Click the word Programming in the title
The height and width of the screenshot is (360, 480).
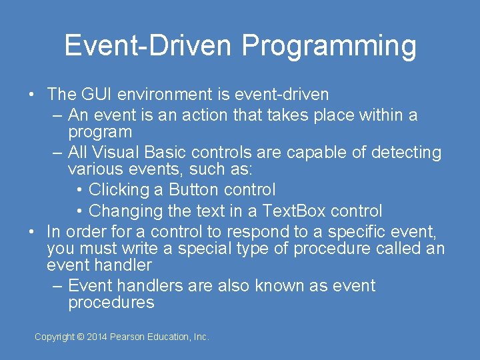coord(329,46)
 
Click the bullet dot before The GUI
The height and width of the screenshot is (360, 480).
coord(32,95)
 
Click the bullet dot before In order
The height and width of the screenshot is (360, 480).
coord(32,232)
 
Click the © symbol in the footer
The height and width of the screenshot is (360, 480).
coord(81,337)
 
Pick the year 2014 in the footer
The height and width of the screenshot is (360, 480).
coord(97,337)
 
